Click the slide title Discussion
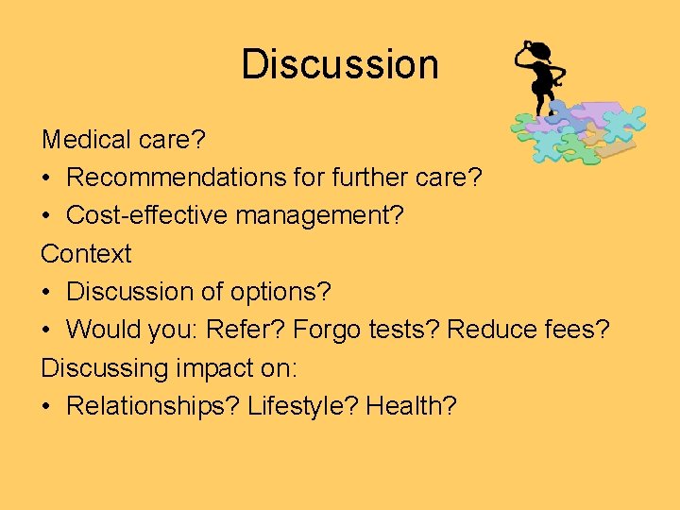coord(340,64)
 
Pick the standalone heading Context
coord(86,253)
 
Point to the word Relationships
coord(152,406)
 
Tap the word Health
coord(410,406)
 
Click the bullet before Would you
coord(47,331)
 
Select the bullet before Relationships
coord(47,406)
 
